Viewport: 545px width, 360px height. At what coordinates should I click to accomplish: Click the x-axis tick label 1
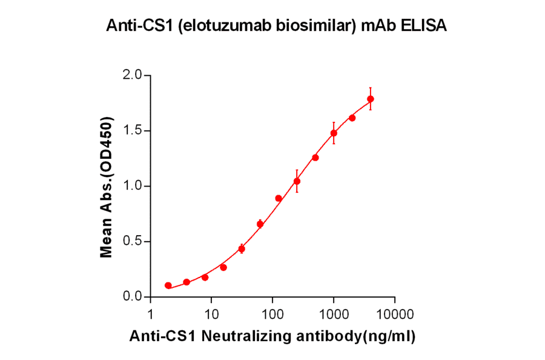pyautogui.click(x=150, y=313)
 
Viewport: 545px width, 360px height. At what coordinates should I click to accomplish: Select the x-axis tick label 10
pyautogui.click(x=211, y=313)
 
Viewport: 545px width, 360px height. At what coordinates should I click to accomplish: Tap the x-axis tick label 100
pyautogui.click(x=272, y=313)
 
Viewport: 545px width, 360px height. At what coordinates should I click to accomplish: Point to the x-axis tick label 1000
pyautogui.click(x=334, y=313)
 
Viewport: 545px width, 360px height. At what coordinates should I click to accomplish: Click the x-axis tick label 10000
pyautogui.click(x=395, y=313)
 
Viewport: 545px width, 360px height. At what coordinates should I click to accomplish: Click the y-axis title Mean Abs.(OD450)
pyautogui.click(x=107, y=186)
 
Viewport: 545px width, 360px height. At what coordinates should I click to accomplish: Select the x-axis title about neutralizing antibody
pyautogui.click(x=272, y=337)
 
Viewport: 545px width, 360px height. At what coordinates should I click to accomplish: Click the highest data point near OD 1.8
pyautogui.click(x=371, y=99)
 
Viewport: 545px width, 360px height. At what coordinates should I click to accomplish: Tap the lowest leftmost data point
pyautogui.click(x=168, y=285)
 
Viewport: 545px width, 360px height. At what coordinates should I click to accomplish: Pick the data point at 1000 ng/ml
pyautogui.click(x=334, y=133)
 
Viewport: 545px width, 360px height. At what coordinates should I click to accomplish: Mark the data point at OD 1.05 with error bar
pyautogui.click(x=297, y=181)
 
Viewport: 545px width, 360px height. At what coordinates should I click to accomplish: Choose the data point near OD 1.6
pyautogui.click(x=352, y=118)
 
